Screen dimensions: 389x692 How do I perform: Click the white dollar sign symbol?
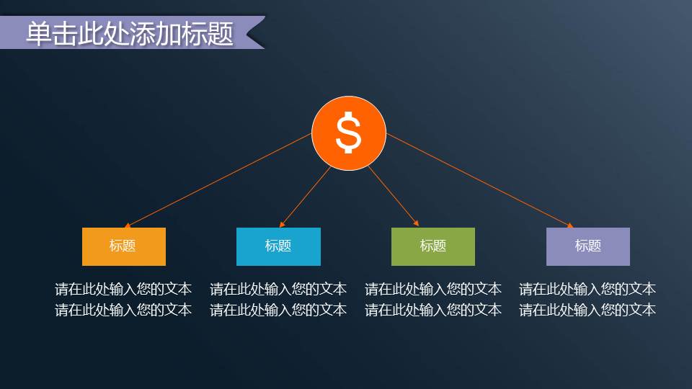[x=349, y=133]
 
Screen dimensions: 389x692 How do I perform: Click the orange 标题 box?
[x=123, y=246]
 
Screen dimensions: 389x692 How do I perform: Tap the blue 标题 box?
[x=278, y=246]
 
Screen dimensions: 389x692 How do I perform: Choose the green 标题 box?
[x=432, y=246]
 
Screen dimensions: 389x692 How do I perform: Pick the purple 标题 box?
[x=587, y=246]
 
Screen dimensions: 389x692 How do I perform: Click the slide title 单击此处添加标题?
[x=130, y=34]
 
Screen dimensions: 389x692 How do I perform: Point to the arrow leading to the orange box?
[x=216, y=180]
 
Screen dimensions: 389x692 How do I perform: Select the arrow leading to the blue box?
[x=305, y=197]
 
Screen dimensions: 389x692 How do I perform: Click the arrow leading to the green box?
[x=394, y=197]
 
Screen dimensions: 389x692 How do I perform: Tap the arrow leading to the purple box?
[x=479, y=180]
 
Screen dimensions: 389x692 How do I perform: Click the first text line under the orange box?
[x=123, y=290]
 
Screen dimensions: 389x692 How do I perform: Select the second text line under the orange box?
[x=123, y=310]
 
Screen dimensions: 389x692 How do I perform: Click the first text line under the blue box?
[x=278, y=290]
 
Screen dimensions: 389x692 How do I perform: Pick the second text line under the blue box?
[x=278, y=310]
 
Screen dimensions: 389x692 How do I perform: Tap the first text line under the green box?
[x=432, y=290]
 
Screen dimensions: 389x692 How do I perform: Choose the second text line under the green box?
[x=432, y=310]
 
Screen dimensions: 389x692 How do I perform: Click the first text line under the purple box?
[x=587, y=290]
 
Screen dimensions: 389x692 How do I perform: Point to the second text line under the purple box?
[x=587, y=310]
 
